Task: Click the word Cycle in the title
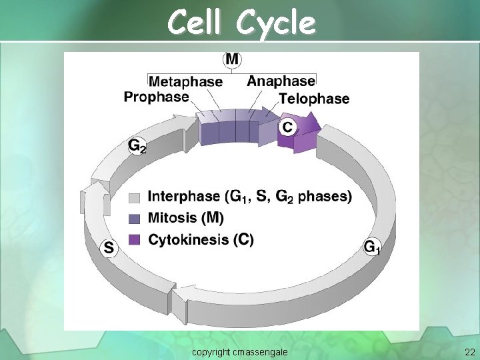tap(275, 23)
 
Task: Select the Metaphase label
tap(185, 81)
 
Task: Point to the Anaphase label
tap(281, 81)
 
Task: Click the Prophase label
tap(156, 97)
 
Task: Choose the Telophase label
tap(314, 99)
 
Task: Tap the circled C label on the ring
tap(287, 125)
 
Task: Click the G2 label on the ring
tap(137, 145)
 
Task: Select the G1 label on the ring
tap(372, 247)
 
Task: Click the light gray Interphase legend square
tap(135, 197)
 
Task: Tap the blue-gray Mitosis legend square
tap(135, 218)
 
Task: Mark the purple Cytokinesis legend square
tap(135, 239)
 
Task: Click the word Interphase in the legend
tap(183, 196)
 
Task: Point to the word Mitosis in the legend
tap(173, 217)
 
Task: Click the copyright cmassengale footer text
tap(239, 350)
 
